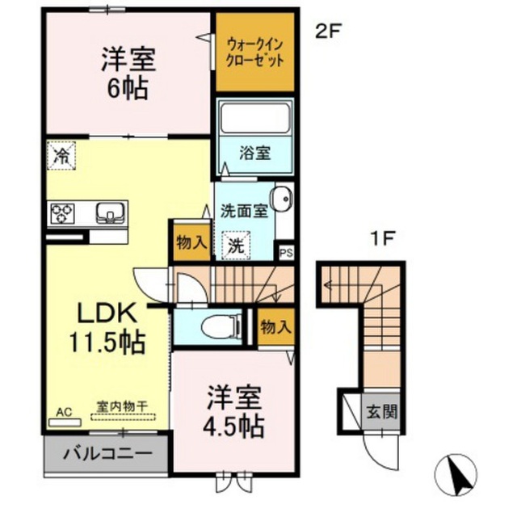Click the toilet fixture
pos(221,326)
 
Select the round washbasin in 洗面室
pos(281,199)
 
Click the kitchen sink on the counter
pos(111,212)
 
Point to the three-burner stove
pos(62,213)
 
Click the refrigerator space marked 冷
pos(61,156)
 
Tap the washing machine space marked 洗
pos(236,246)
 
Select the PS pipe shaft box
pos(286,253)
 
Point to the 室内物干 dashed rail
pos(123,417)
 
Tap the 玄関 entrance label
pos(382,411)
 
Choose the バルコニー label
pos(107,454)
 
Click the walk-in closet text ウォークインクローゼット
pos(255,53)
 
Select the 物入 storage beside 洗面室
pos(192,243)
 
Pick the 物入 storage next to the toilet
pos(276,327)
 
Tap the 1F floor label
pos(383,239)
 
